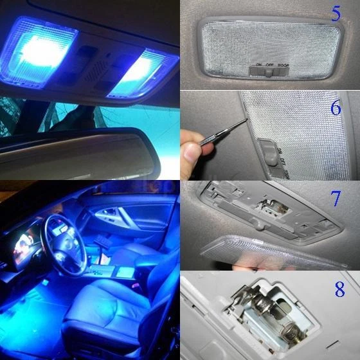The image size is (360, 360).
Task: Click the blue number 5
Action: click(335, 14)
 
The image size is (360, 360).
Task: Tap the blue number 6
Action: click(336, 107)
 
